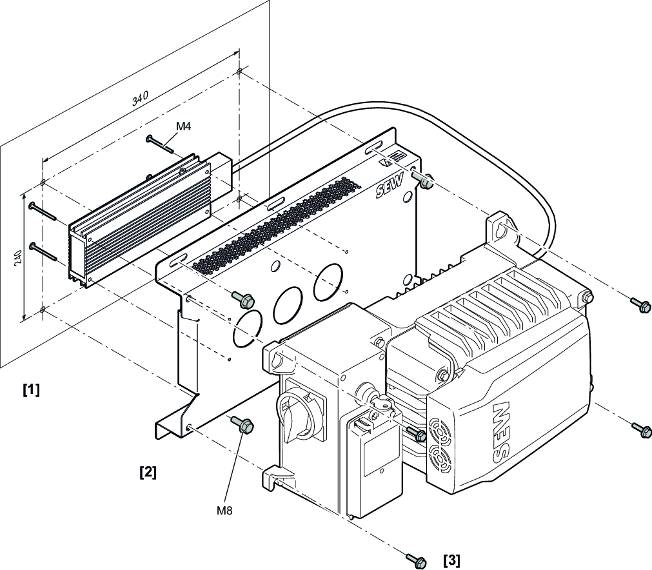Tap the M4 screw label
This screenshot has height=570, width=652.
183,126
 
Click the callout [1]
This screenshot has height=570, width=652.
30,390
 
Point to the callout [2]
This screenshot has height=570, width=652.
148,472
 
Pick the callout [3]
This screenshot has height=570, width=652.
451,559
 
